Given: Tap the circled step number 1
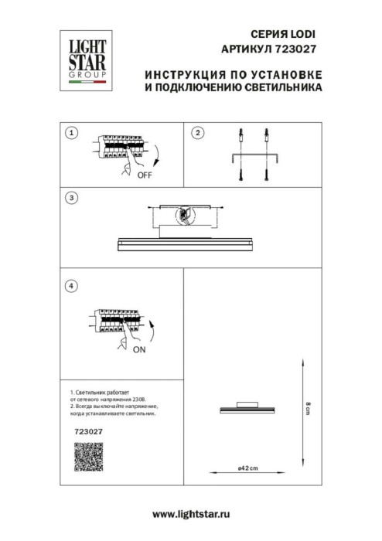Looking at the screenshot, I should [72, 133].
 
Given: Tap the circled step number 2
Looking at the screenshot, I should [197, 133].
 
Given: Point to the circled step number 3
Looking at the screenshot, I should [72, 198].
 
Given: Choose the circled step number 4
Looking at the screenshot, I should [72, 286].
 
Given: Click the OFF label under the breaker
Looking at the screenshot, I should [144, 176].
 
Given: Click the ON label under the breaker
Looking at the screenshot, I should [139, 350].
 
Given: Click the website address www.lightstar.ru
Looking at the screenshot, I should [192, 514].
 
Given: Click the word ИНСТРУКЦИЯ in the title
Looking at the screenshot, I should [180, 75].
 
